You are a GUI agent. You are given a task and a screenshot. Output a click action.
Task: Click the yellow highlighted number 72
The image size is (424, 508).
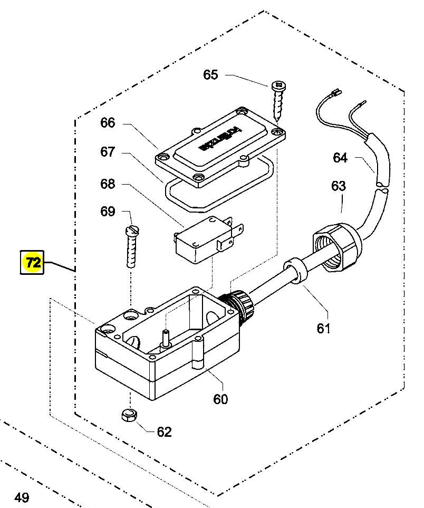[x=33, y=262]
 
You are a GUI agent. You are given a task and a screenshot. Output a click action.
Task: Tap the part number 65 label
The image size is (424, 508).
[x=210, y=74]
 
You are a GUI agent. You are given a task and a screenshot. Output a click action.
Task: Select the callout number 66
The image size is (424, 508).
[x=108, y=123]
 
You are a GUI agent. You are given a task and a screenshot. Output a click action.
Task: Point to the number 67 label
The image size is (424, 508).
[x=108, y=152]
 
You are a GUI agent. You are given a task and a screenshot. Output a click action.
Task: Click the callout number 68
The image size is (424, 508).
[x=108, y=184]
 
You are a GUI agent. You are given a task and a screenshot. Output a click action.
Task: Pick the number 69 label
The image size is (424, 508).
[x=108, y=212]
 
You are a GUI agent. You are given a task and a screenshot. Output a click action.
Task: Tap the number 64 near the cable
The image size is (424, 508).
[x=340, y=157]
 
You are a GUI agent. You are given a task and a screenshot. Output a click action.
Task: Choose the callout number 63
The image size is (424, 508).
[x=338, y=186]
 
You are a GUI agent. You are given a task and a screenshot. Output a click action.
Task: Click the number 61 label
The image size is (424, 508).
[x=323, y=328]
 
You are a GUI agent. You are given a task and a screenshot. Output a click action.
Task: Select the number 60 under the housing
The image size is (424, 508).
[x=220, y=399]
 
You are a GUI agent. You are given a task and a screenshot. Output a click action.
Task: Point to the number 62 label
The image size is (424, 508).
[x=165, y=432]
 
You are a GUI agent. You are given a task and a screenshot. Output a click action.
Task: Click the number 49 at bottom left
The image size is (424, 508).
[x=22, y=497]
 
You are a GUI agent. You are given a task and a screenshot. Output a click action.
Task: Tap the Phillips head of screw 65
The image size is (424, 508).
[x=277, y=84]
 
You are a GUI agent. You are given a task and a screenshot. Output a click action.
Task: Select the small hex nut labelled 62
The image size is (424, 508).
[x=129, y=415]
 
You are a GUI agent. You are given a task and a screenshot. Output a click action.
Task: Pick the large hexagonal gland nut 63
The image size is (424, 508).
[x=336, y=244]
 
